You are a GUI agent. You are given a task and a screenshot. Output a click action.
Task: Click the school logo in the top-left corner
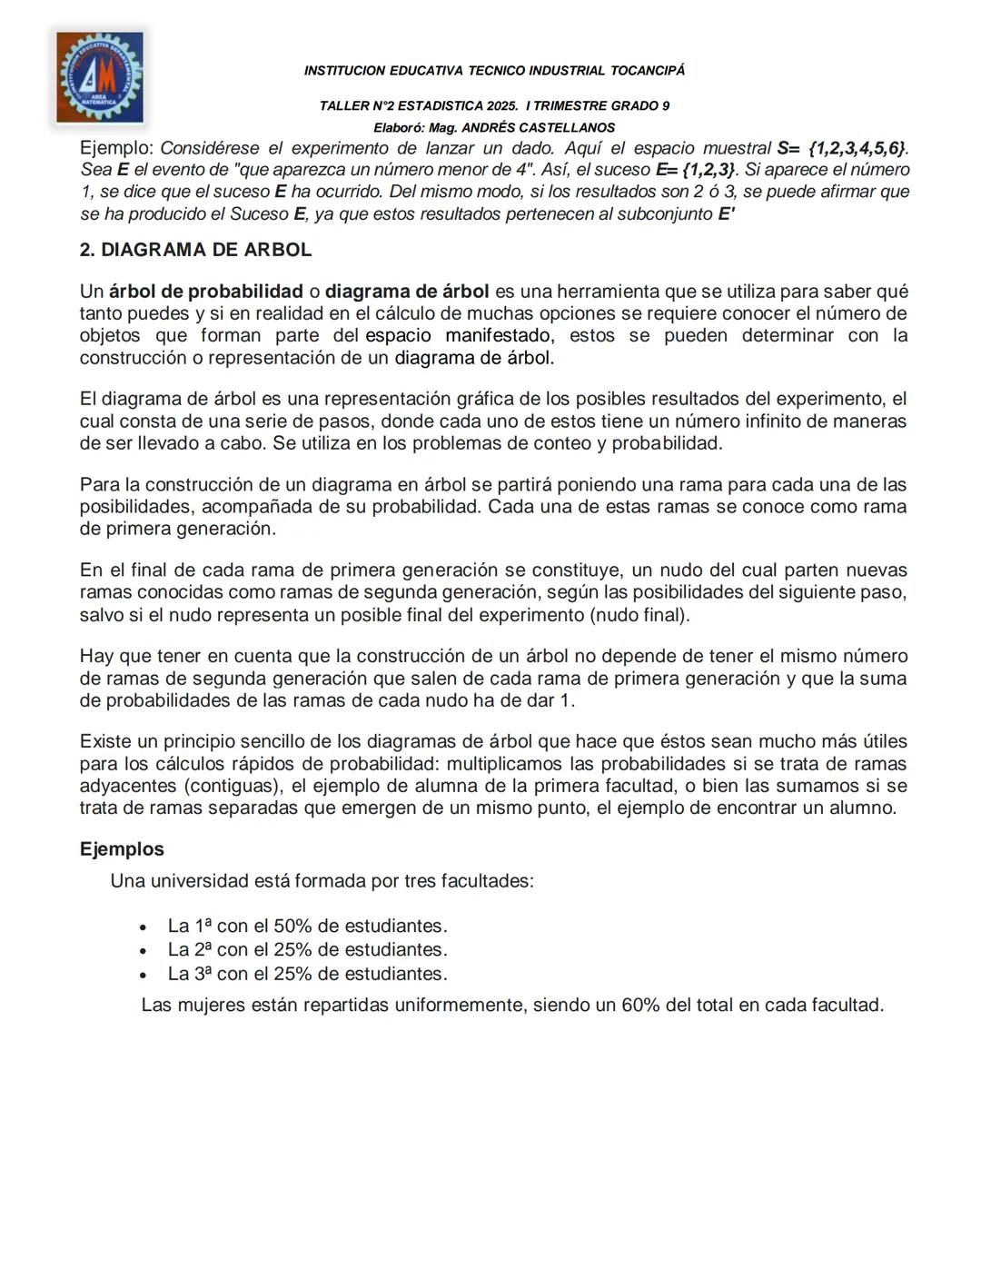[99, 76]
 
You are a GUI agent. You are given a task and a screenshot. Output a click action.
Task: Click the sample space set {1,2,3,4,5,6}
[857, 148]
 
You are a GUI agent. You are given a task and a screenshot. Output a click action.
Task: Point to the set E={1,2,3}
[696, 170]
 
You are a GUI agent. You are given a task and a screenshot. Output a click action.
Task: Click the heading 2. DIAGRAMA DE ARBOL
[195, 250]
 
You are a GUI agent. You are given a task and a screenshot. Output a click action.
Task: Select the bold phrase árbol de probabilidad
[206, 292]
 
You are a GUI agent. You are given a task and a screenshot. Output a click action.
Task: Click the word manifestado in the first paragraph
[498, 335]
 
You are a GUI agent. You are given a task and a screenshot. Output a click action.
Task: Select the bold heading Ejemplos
[122, 849]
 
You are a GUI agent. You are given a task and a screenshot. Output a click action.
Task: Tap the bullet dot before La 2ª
[143, 951]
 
